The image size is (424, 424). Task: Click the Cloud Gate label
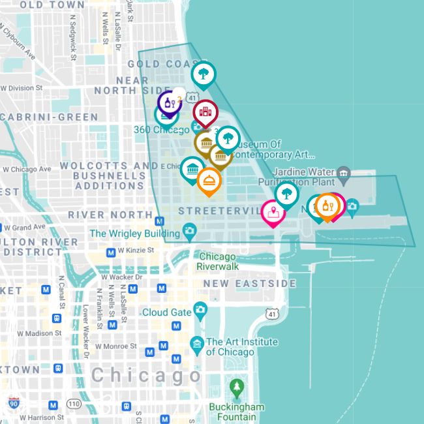(x=166, y=312)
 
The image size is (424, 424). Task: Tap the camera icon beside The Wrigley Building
(x=189, y=230)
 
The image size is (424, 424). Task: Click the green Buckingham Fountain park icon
(x=237, y=389)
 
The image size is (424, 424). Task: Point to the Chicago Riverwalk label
(x=218, y=262)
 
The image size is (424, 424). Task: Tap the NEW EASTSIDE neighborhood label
(x=249, y=284)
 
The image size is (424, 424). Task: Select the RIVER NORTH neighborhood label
(x=110, y=215)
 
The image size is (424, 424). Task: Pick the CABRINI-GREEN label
(x=50, y=117)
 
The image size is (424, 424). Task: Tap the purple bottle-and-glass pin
(x=170, y=103)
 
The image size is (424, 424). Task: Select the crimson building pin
(x=205, y=112)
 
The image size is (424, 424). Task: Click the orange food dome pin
(x=209, y=181)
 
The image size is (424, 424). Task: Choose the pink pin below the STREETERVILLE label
(x=273, y=212)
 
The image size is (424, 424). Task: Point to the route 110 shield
(x=74, y=404)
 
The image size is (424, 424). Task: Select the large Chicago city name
(x=146, y=376)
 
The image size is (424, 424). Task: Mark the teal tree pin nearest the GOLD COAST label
(x=204, y=74)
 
